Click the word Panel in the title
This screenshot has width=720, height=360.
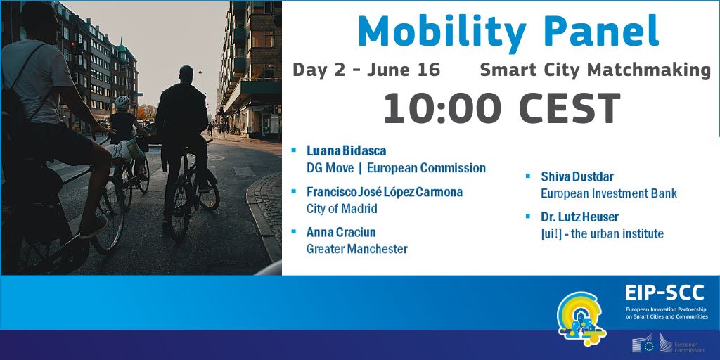click(x=602, y=30)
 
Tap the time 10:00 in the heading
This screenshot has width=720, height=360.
click(x=442, y=108)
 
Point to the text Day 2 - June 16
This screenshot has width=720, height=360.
click(x=366, y=70)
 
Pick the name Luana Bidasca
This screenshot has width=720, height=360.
click(x=346, y=150)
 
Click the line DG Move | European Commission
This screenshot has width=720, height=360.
click(x=396, y=168)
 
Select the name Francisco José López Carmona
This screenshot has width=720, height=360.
click(x=385, y=191)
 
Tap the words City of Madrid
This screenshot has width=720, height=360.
click(x=342, y=209)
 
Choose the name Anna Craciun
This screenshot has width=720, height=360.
click(x=341, y=232)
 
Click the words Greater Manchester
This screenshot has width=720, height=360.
click(x=356, y=250)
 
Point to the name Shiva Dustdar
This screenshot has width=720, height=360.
click(x=577, y=176)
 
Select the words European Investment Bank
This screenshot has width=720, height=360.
click(x=609, y=193)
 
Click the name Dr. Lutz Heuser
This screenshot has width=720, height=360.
click(x=579, y=217)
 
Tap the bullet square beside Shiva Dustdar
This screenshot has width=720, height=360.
click(x=528, y=175)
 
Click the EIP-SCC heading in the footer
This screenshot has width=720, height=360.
click(x=664, y=292)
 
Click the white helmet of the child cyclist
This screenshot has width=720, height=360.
click(x=122, y=103)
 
